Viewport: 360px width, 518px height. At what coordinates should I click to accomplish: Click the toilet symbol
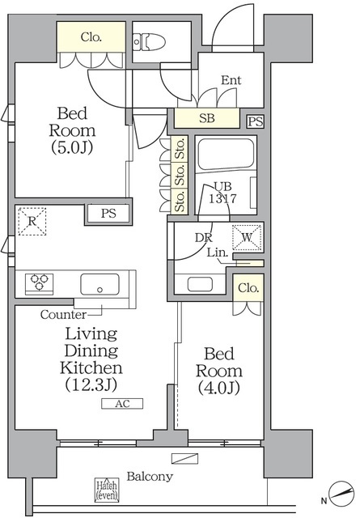pyautogui.click(x=150, y=42)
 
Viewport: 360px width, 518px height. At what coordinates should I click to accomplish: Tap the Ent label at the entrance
pyautogui.click(x=231, y=80)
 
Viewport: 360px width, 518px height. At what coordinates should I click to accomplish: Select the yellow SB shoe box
pyautogui.click(x=207, y=118)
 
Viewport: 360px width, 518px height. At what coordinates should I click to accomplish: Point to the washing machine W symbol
pyautogui.click(x=247, y=237)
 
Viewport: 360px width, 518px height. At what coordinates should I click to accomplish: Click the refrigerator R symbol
pyautogui.click(x=32, y=221)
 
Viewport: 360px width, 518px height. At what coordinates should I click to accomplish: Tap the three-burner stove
pyautogui.click(x=40, y=283)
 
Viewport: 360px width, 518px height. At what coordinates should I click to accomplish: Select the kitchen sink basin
pyautogui.click(x=100, y=284)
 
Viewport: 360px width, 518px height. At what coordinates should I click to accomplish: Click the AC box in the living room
pyautogui.click(x=122, y=404)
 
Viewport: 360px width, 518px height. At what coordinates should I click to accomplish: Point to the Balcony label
pyautogui.click(x=150, y=477)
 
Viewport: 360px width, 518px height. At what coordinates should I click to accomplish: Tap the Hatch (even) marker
pyautogui.click(x=107, y=490)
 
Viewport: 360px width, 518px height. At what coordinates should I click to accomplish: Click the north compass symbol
pyautogui.click(x=342, y=494)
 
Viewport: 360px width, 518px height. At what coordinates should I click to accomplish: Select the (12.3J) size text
pyautogui.click(x=91, y=384)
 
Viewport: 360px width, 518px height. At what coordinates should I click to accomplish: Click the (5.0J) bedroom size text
pyautogui.click(x=72, y=147)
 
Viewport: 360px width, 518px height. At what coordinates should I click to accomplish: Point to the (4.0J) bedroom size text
pyautogui.click(x=218, y=388)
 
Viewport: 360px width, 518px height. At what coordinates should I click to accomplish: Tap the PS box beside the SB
pyautogui.click(x=256, y=121)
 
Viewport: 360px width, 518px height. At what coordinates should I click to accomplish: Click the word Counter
pyautogui.click(x=63, y=315)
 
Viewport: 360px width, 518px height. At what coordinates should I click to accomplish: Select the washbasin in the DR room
pyautogui.click(x=200, y=284)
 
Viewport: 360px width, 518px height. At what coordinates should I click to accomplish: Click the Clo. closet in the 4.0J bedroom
pyautogui.click(x=248, y=288)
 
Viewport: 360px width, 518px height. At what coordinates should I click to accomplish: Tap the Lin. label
pyautogui.click(x=218, y=253)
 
